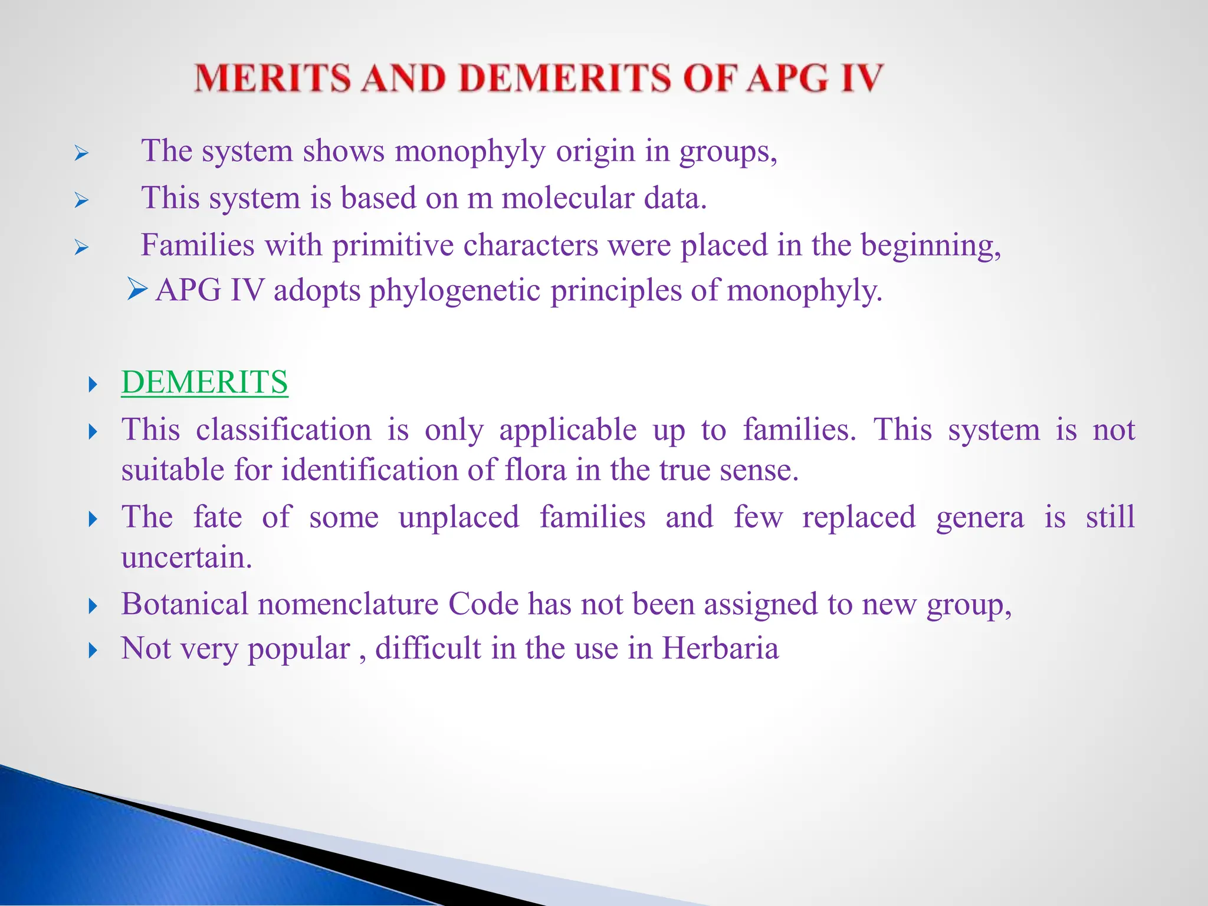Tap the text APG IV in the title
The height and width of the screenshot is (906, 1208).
tap(815, 78)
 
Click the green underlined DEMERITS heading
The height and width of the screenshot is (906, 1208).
tap(205, 382)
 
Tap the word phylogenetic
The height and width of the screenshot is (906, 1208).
tap(455, 291)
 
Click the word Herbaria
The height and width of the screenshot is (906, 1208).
tap(720, 649)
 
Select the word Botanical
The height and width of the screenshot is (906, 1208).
tap(185, 605)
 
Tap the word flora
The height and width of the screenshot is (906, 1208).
tap(535, 471)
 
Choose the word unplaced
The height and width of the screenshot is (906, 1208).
tap(459, 517)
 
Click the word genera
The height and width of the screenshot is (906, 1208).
tap(980, 517)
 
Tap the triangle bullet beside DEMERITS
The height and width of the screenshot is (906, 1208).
tap(92, 385)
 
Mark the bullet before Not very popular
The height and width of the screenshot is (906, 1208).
tap(92, 651)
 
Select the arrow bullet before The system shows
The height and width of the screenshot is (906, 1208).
tap(81, 155)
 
